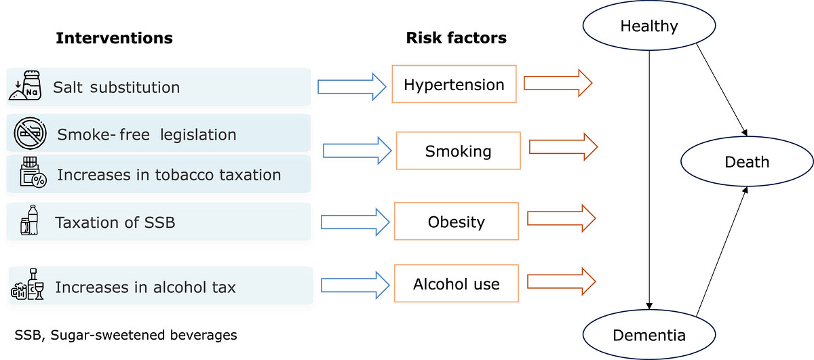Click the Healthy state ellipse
pos(649,26)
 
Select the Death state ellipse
pos(747,161)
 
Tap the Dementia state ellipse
pos(649,334)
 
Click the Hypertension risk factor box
pos(454,84)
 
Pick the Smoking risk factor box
pos(459,151)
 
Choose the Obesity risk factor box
pos(456,221)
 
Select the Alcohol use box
pos(456,283)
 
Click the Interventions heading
pos(114,38)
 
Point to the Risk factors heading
pos(456,38)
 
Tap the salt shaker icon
pos(26,85)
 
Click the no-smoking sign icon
pos(30,133)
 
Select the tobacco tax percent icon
pos(33,172)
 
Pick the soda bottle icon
pos(29,220)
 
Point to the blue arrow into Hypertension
pos(352,87)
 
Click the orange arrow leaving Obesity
pos(562,218)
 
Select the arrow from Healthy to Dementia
pos(649,180)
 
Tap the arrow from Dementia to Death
pos(721,252)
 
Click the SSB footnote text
pos(125,335)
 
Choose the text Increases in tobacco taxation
pos(169,175)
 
